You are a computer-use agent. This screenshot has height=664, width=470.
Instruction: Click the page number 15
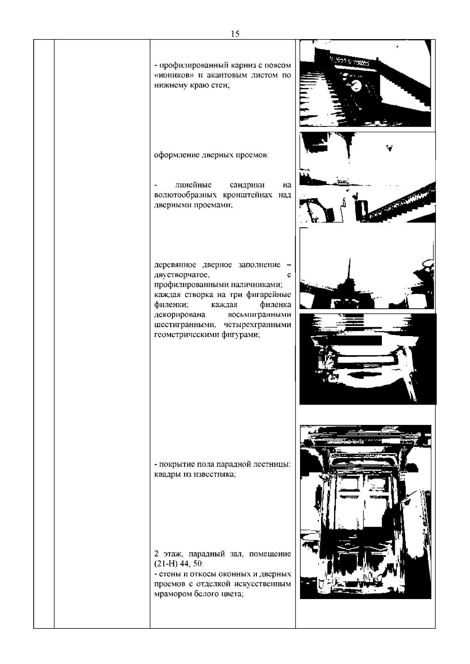point(235,34)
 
